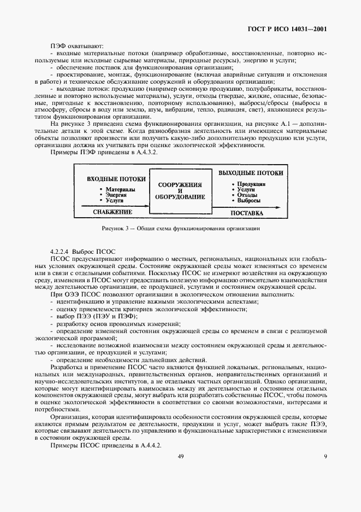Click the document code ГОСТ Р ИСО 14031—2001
pyautogui.click(x=295, y=28)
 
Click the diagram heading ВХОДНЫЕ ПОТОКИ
pyautogui.click(x=116, y=179)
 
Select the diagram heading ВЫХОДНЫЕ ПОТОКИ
pyautogui.click(x=250, y=173)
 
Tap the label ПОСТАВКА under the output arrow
pyautogui.click(x=246, y=213)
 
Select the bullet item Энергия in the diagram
pyautogui.click(x=116, y=195)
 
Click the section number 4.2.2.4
pyautogui.click(x=61, y=250)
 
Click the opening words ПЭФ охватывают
pyautogui.click(x=73, y=45)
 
